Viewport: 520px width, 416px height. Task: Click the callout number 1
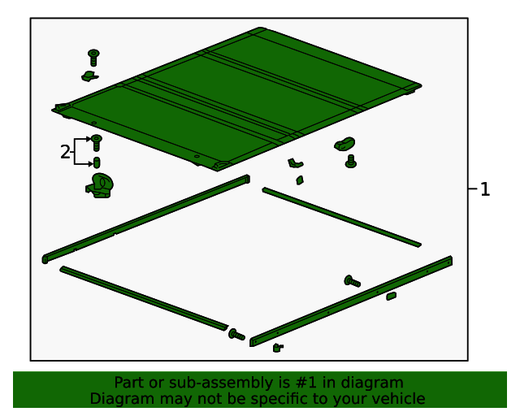pos(485,189)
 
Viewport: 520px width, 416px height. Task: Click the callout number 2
pos(65,152)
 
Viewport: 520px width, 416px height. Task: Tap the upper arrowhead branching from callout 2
pos(89,139)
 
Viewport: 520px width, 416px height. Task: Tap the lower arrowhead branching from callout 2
pos(90,164)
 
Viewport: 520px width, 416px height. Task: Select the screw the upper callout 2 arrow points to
pos(97,143)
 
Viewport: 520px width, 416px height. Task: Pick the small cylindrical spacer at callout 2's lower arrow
pos(97,162)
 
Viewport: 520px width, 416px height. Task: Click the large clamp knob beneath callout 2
pos(100,186)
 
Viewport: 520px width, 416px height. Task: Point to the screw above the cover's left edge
pos(94,58)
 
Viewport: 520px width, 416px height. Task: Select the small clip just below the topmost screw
pos(89,76)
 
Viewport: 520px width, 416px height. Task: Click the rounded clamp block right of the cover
pos(344,145)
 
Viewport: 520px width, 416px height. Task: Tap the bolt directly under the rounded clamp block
pos(351,161)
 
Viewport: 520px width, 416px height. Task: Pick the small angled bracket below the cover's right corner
pos(295,163)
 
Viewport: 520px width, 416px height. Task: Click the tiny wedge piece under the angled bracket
pos(300,180)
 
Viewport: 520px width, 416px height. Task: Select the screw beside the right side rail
pos(352,281)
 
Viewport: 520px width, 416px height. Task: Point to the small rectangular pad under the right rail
pos(392,296)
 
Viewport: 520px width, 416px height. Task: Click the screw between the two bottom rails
pos(236,335)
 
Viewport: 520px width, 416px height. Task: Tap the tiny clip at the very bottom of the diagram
pos(278,348)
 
